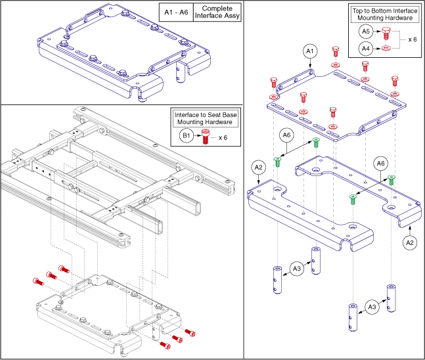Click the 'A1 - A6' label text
pos(175,12)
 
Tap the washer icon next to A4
pos(385,47)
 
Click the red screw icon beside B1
pos(206,137)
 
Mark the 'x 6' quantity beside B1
pos(224,137)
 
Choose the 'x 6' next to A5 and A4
pos(412,39)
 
